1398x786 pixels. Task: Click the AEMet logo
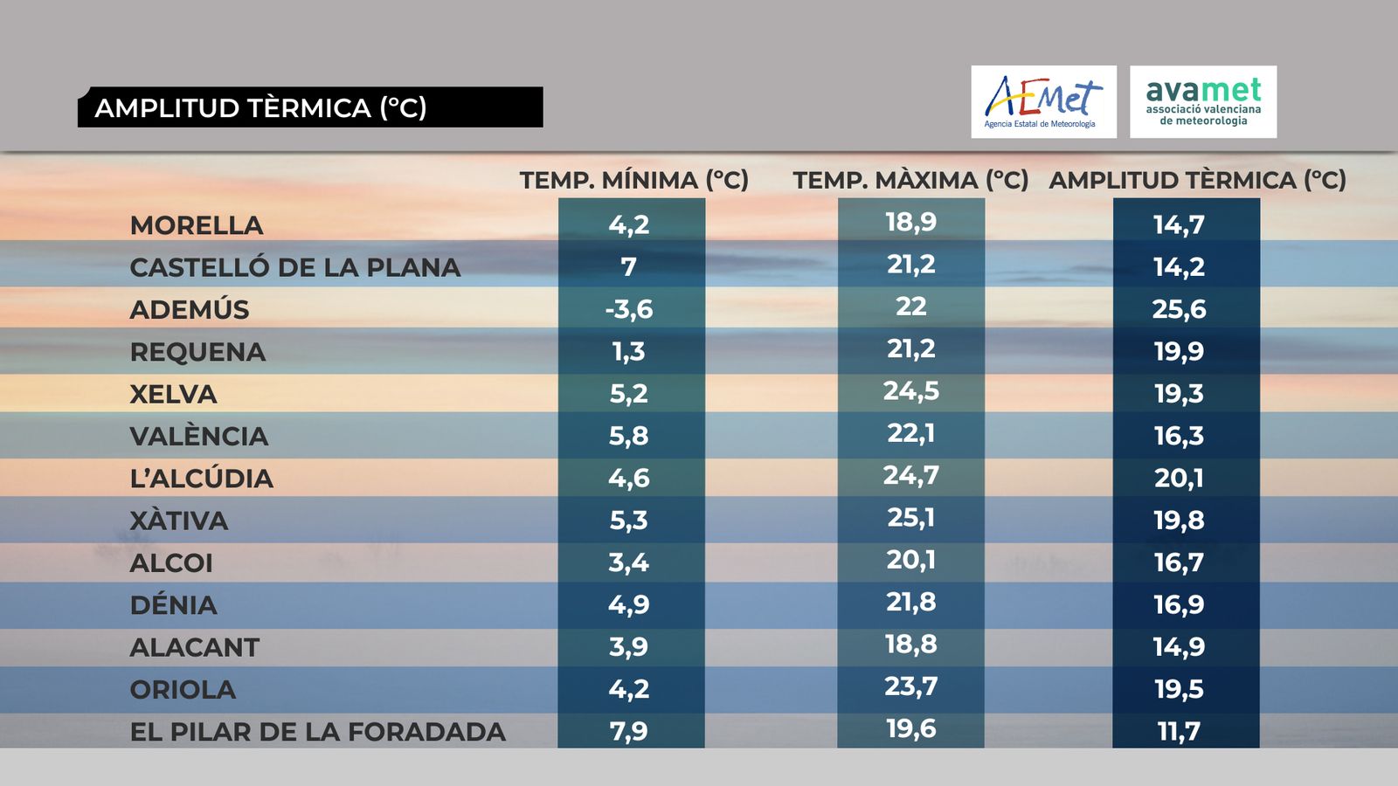pos(1043,101)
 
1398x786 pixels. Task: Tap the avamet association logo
pos(1203,101)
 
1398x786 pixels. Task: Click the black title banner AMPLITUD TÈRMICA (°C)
pos(310,107)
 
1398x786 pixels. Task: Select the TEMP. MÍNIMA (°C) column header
pos(633,180)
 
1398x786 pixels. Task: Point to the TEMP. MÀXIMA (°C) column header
pos(910,180)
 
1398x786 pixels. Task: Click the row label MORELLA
pos(197,225)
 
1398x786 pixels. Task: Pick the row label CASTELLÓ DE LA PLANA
pos(294,267)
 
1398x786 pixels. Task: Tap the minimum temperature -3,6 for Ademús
pos(629,309)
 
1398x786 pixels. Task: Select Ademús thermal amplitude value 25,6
pos(1179,309)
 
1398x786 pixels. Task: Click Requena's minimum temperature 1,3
pos(629,351)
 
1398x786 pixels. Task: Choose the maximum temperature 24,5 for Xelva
pos(910,390)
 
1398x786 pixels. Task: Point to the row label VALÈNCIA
pos(199,436)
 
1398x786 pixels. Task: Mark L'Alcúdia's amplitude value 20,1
pos(1179,478)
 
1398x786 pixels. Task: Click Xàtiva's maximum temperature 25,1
pos(910,517)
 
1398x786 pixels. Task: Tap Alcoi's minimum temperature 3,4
pos(629,562)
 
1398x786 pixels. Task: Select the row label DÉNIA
pos(174,605)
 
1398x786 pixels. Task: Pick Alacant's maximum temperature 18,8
pos(910,644)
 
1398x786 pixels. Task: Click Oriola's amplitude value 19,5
pos(1179,689)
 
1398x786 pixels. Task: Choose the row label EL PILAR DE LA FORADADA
pos(317,732)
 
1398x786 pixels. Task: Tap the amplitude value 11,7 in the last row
pos(1179,731)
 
